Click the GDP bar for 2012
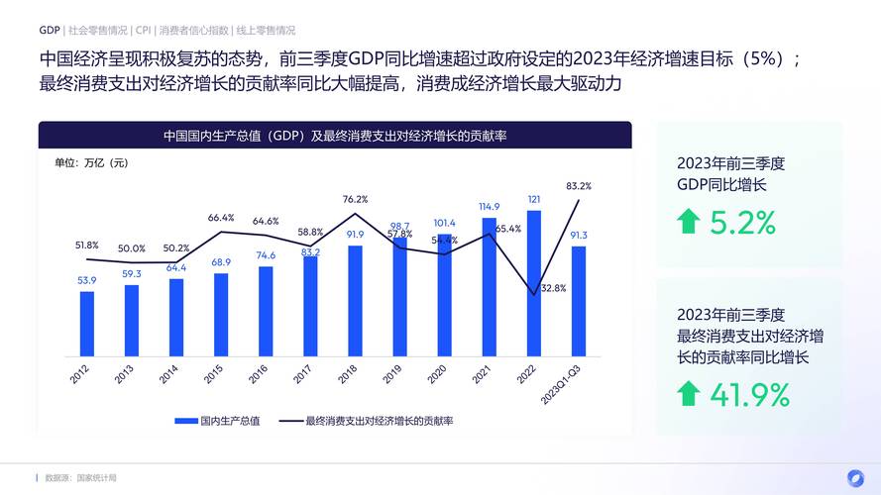click(x=87, y=323)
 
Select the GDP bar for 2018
click(x=355, y=300)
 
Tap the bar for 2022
click(x=534, y=282)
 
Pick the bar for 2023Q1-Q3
click(x=579, y=301)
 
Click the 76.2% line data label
click(x=355, y=199)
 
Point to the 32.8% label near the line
click(x=553, y=288)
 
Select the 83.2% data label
click(x=579, y=185)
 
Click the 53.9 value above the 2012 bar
click(x=87, y=280)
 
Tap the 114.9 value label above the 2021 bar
click(x=490, y=207)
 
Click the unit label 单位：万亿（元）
click(x=91, y=162)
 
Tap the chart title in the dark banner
click(x=335, y=136)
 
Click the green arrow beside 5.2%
click(x=689, y=223)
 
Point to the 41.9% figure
click(x=750, y=395)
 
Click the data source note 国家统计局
click(x=97, y=478)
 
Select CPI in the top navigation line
click(x=143, y=31)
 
